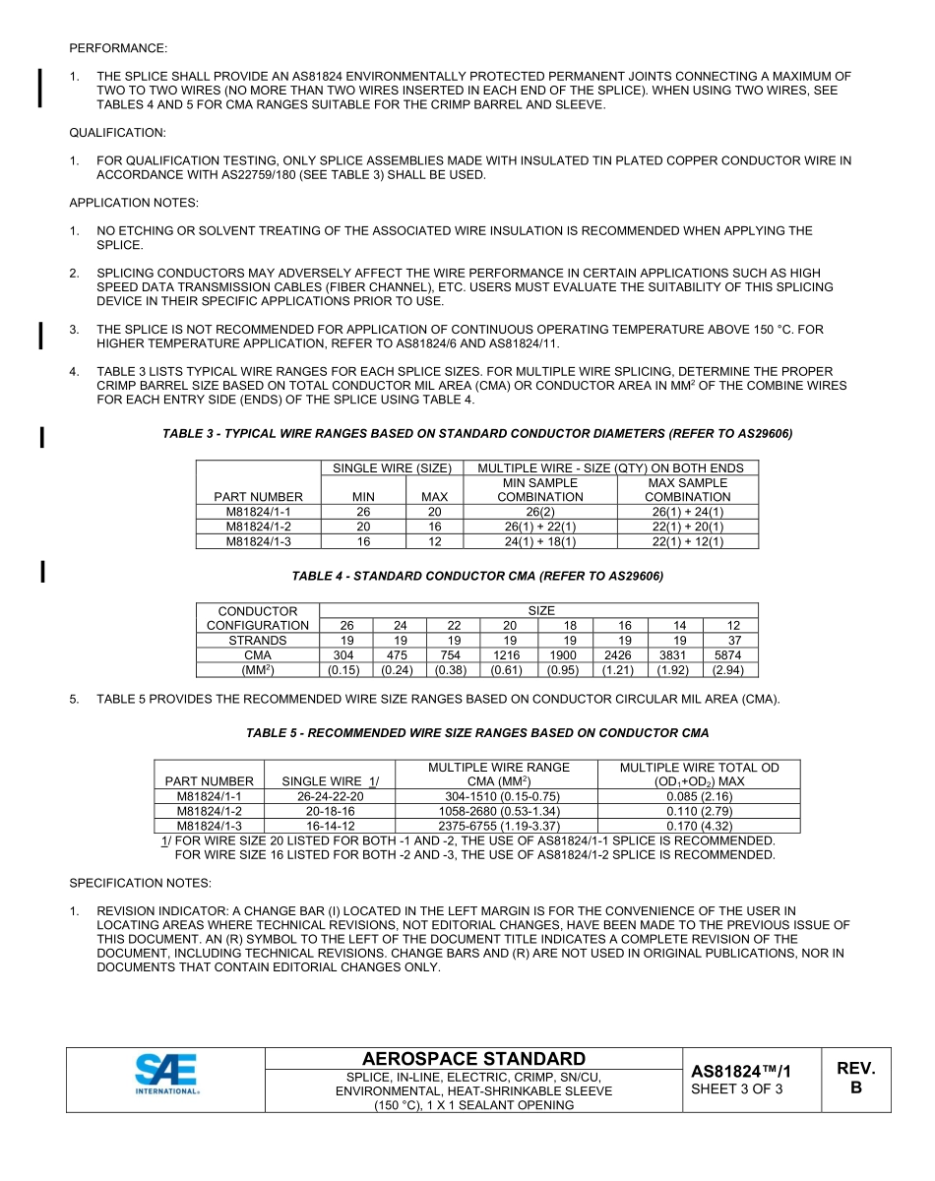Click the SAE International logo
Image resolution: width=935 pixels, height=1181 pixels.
[167, 1074]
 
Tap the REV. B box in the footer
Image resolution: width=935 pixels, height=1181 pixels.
[855, 1079]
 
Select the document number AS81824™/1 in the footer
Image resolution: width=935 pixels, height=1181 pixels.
[741, 1071]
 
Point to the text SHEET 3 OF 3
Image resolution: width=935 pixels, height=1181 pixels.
[737, 1088]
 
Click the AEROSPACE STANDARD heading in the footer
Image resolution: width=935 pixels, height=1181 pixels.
[473, 1059]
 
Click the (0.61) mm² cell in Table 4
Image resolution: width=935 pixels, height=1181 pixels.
[508, 670]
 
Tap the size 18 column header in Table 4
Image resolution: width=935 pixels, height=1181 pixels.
[570, 625]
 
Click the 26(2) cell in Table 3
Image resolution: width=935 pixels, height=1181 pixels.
[540, 512]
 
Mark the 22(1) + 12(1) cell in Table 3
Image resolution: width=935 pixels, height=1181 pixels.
[687, 541]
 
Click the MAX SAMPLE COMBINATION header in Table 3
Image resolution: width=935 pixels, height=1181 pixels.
[687, 490]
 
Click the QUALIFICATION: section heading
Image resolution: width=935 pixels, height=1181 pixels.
[117, 132]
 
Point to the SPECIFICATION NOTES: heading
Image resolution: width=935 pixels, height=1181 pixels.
[140, 883]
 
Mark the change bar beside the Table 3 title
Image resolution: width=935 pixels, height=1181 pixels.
[41, 436]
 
